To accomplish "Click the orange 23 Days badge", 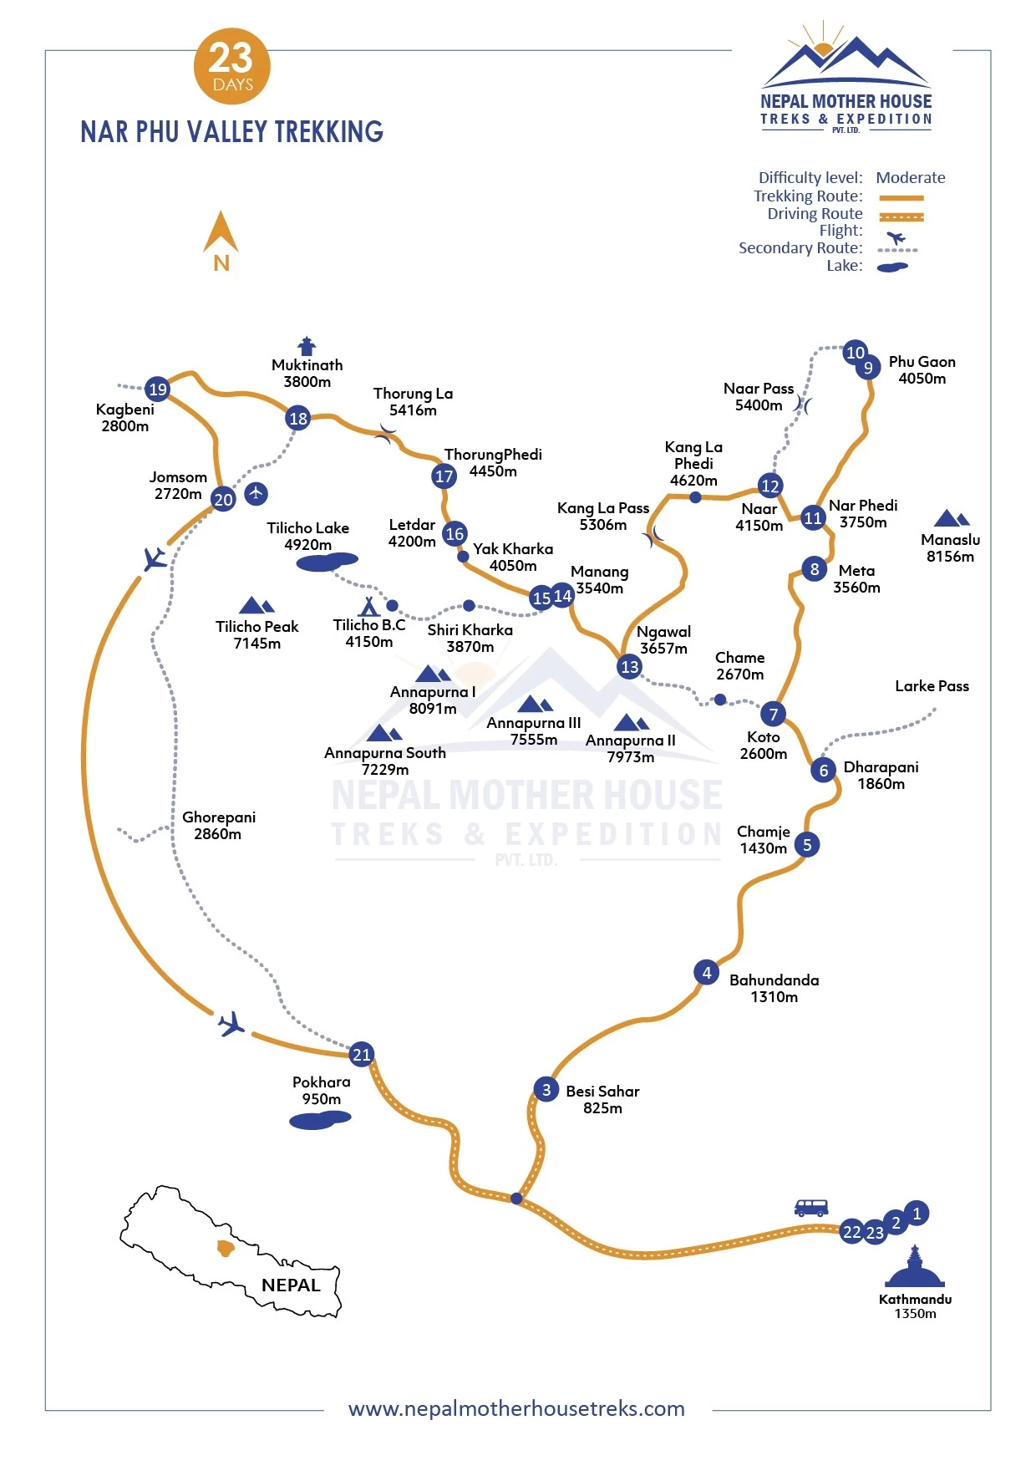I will pyautogui.click(x=231, y=67).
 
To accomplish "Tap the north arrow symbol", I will pyautogui.click(x=221, y=234).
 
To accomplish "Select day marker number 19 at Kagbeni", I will pyautogui.click(x=157, y=389).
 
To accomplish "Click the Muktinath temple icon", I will pyautogui.click(x=307, y=345).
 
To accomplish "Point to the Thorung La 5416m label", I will pyautogui.click(x=413, y=401).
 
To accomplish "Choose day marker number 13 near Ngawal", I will pyautogui.click(x=629, y=667).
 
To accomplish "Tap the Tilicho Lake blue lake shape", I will pyautogui.click(x=327, y=562).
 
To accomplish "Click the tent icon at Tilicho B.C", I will pyautogui.click(x=368, y=606).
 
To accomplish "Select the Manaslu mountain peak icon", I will pyautogui.click(x=951, y=518).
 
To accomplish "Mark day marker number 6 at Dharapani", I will pyautogui.click(x=824, y=771).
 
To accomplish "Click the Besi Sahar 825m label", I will pyautogui.click(x=602, y=1099).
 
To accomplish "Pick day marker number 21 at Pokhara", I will pyautogui.click(x=361, y=1055).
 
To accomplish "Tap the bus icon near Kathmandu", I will pyautogui.click(x=810, y=1208).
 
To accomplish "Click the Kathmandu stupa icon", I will pyautogui.click(x=915, y=1268).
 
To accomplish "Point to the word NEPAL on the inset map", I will pyautogui.click(x=291, y=1285).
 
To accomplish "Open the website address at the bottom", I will pyautogui.click(x=516, y=1409).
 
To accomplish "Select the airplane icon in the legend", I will pyautogui.click(x=896, y=237).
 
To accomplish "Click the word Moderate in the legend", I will pyautogui.click(x=910, y=178).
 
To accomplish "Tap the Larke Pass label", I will pyautogui.click(x=932, y=686).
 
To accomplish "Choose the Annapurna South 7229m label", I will pyautogui.click(x=385, y=761).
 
